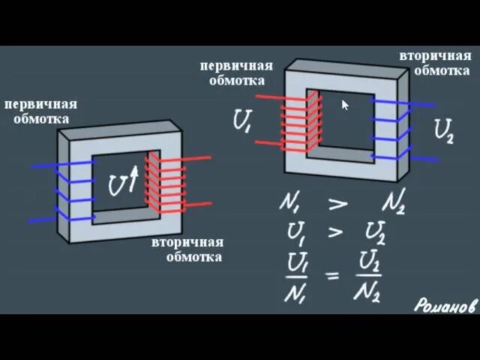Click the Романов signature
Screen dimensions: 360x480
[x=445, y=305]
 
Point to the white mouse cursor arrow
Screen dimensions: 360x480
[x=345, y=104]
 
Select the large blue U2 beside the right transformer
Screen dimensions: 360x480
[x=444, y=131]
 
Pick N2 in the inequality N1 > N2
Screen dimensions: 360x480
[x=392, y=202]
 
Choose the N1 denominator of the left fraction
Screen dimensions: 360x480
[x=294, y=291]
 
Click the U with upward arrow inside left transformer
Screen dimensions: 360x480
[x=123, y=181]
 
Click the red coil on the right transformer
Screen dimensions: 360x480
[x=296, y=122]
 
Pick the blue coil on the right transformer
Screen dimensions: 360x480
[x=400, y=130]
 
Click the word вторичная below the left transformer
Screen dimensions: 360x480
[x=187, y=243]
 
